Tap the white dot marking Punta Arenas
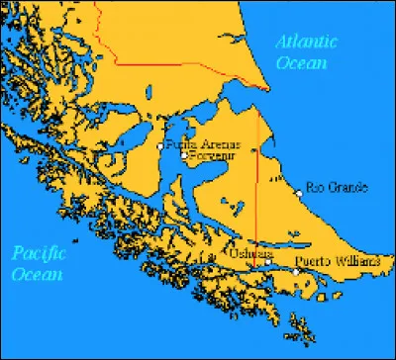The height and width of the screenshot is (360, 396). [160, 146]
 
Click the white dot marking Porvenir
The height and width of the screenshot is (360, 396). [184, 155]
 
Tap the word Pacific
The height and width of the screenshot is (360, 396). [39, 254]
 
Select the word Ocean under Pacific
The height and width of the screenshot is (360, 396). [38, 273]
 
